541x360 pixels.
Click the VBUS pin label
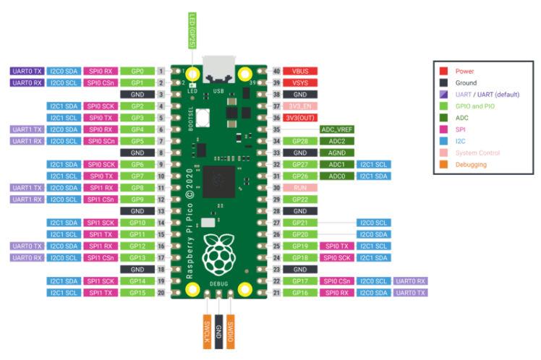click(x=299, y=72)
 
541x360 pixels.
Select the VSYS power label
click(x=299, y=83)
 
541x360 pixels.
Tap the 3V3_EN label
click(x=299, y=106)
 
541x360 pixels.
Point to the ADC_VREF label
click(x=337, y=129)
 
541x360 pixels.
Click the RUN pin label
click(x=299, y=187)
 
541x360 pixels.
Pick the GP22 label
click(x=299, y=199)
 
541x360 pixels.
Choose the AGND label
click(x=337, y=153)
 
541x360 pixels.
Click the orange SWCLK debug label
click(x=207, y=332)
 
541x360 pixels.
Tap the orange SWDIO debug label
click(x=230, y=332)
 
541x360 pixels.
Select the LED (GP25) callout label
click(x=192, y=31)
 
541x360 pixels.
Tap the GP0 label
click(x=137, y=72)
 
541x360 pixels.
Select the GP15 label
click(x=137, y=292)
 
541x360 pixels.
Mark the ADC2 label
click(x=337, y=141)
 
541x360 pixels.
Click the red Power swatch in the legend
click(x=443, y=71)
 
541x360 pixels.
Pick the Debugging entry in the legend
click(x=470, y=165)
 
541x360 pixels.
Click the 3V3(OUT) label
click(x=299, y=118)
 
